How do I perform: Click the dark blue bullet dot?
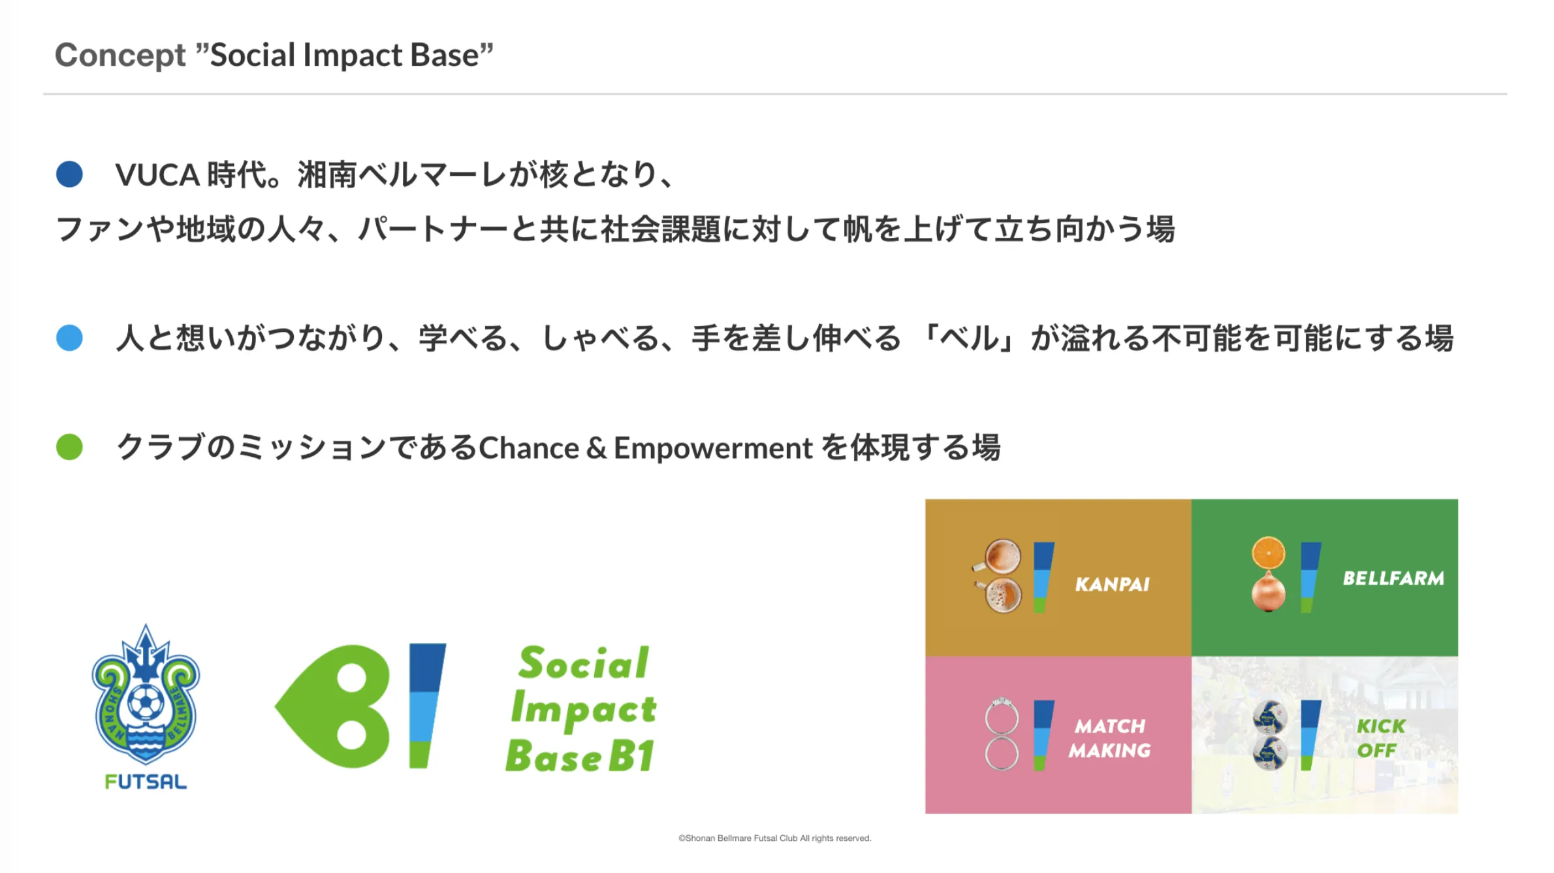pos(69,174)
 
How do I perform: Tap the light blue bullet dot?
pos(69,338)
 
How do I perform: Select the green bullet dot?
pos(69,447)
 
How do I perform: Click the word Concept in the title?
pos(120,55)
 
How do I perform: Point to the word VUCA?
pos(157,175)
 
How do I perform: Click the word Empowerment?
pos(713,449)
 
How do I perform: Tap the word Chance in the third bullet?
pos(529,448)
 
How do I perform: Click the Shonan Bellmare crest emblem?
pos(146,695)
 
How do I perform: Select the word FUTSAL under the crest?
pos(146,782)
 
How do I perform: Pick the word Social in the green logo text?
pos(584,663)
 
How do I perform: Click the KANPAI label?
pos(1113,584)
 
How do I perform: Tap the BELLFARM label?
pos(1393,578)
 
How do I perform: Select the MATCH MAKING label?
pos(1110,738)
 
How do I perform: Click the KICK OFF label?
pos(1380,738)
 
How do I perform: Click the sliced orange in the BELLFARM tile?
pos(1268,553)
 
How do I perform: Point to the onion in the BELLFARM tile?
pos(1268,591)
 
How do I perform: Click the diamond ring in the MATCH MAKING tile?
pos(1002,716)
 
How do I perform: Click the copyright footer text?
pos(775,838)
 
